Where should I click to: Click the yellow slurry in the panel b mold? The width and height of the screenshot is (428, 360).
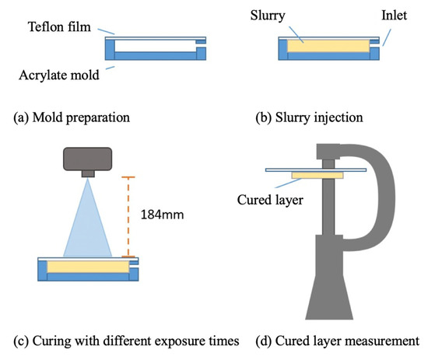(327, 47)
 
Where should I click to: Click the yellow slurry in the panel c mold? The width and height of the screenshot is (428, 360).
(87, 267)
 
